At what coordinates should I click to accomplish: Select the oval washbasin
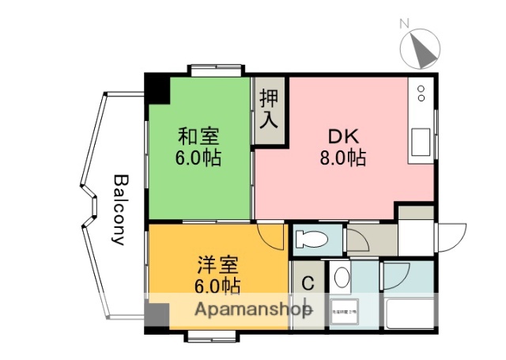click(x=341, y=277)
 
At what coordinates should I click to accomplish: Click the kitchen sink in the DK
click(x=420, y=142)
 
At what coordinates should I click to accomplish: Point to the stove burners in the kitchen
click(x=421, y=93)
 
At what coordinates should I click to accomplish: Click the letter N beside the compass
click(x=403, y=24)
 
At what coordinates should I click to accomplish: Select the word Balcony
click(x=121, y=210)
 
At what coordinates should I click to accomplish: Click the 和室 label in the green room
click(x=198, y=135)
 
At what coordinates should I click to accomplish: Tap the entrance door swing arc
click(x=450, y=235)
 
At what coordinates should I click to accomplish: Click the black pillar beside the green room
click(x=159, y=88)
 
